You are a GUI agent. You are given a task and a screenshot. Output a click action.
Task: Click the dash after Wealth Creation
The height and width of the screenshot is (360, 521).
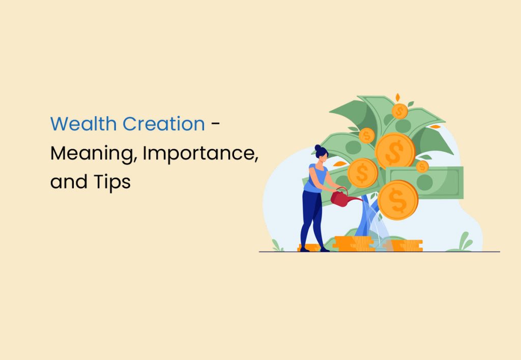(x=216, y=124)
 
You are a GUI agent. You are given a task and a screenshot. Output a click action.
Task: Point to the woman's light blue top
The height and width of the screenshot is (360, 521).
(x=312, y=178)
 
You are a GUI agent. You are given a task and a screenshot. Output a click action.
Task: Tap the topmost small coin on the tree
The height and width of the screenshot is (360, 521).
(x=399, y=110)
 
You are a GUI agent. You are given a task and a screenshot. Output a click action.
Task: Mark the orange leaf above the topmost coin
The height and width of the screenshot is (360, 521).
(x=398, y=97)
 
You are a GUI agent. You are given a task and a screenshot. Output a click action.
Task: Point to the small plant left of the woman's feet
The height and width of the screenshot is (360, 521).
(x=277, y=245)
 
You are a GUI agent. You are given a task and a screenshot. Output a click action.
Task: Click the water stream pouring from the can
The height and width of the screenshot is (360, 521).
(x=377, y=224)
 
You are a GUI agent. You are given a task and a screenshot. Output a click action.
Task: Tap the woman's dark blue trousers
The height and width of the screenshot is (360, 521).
(x=310, y=216)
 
